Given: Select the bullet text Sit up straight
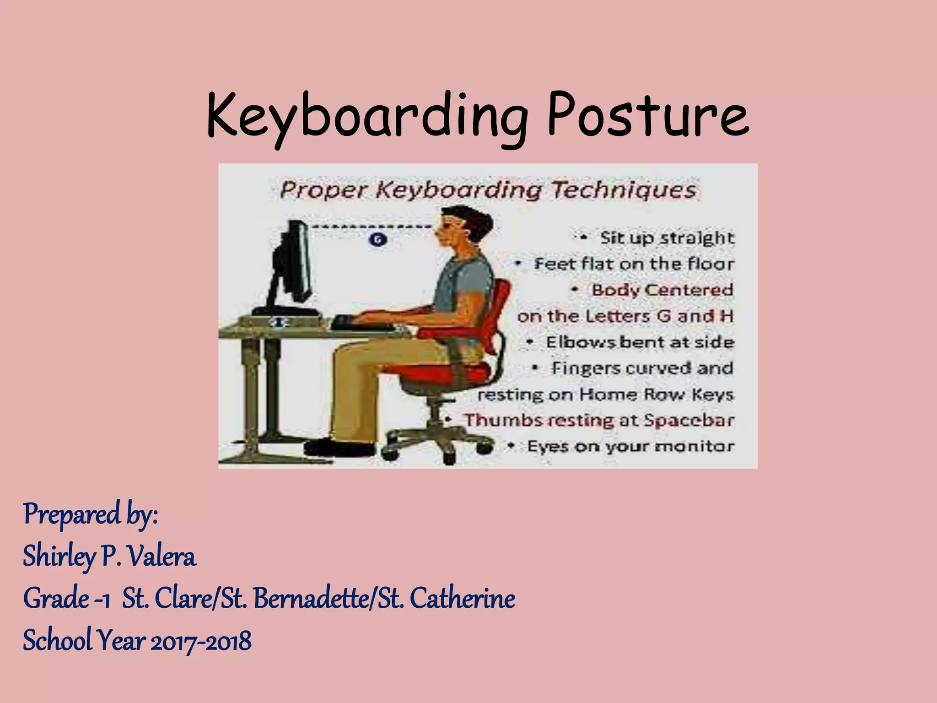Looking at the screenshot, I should tap(667, 238).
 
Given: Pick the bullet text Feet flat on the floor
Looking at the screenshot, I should tap(634, 264).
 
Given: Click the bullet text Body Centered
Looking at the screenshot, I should tap(662, 290).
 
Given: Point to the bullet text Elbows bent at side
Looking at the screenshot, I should tap(640, 342).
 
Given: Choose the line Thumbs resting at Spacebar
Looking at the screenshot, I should tap(599, 420).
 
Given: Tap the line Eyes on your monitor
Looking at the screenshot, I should tap(630, 446).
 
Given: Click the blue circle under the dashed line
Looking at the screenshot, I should tap(377, 239).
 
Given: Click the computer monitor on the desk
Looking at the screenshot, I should tap(295, 261).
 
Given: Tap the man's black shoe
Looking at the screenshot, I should tap(339, 448).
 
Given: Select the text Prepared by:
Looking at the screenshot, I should tap(91, 515).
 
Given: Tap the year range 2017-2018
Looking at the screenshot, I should tap(201, 641).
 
